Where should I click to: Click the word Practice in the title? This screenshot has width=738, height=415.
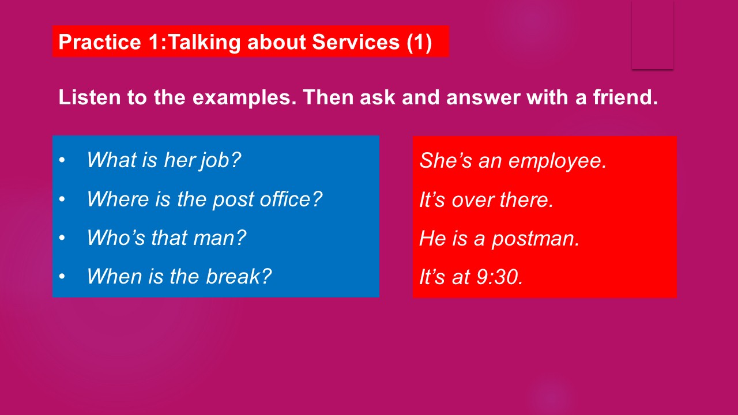[100, 42]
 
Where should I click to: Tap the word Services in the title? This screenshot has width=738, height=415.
[356, 42]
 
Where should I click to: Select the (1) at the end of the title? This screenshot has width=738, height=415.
[419, 43]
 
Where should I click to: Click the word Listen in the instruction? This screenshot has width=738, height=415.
[89, 97]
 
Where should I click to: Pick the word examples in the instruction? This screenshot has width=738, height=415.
[244, 98]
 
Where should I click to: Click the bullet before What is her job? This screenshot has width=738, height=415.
[62, 160]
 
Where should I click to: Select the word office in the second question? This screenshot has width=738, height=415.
[291, 199]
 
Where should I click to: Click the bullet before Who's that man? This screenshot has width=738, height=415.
[62, 238]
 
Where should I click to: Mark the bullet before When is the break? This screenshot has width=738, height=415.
[62, 276]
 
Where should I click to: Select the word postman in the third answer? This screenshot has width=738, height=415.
[536, 239]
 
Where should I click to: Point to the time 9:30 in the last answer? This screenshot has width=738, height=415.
[499, 277]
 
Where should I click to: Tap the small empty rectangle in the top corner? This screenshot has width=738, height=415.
[653, 35]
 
